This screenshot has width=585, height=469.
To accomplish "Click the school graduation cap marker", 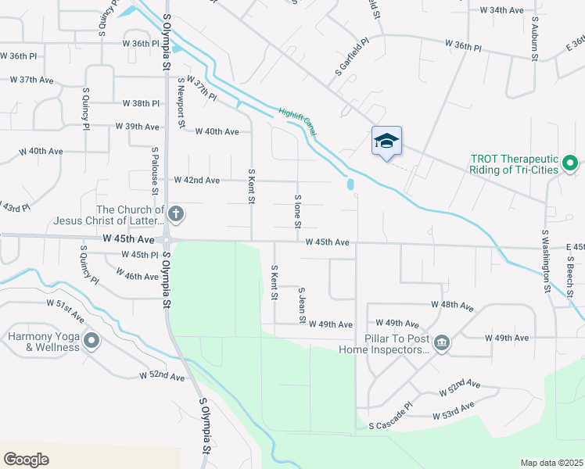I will pyautogui.click(x=386, y=141).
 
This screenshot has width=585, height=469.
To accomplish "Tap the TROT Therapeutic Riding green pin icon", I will pyautogui.click(x=570, y=163).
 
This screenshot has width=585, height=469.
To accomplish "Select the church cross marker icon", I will pyautogui.click(x=176, y=213).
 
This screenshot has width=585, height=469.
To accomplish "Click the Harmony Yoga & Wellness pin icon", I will pyautogui.click(x=92, y=340).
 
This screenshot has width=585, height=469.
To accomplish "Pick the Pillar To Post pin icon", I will pyautogui.click(x=441, y=342).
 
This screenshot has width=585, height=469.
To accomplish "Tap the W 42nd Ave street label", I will pyautogui.click(x=197, y=180).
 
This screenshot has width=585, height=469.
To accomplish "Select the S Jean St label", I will pyautogui.click(x=302, y=305).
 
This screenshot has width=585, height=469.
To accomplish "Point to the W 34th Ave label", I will pyautogui.click(x=501, y=10).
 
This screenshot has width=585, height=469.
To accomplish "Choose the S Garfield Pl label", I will pyautogui.click(x=352, y=58).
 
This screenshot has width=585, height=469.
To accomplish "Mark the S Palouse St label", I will pyautogui.click(x=156, y=170).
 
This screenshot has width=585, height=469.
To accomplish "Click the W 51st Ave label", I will pyautogui.click(x=65, y=307).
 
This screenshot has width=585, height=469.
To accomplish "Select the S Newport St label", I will pyautogui.click(x=181, y=102).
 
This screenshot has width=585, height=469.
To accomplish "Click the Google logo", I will pyautogui.click(x=26, y=459).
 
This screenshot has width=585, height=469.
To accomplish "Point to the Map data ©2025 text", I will pyautogui.click(x=551, y=463).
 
